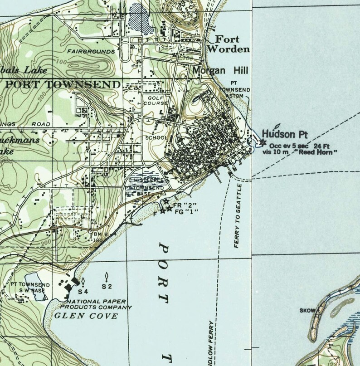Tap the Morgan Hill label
pyautogui.click(x=214, y=71)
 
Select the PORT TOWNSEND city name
pyautogui.click(x=63, y=84)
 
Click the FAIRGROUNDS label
pyautogui.click(x=91, y=52)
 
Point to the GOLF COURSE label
pyautogui.click(x=156, y=100)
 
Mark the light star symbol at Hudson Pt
pyautogui.click(x=263, y=143)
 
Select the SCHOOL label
pyautogui.click(x=156, y=137)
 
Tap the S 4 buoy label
pyautogui.click(x=83, y=291)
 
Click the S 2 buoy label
pyautogui.click(x=107, y=286)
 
